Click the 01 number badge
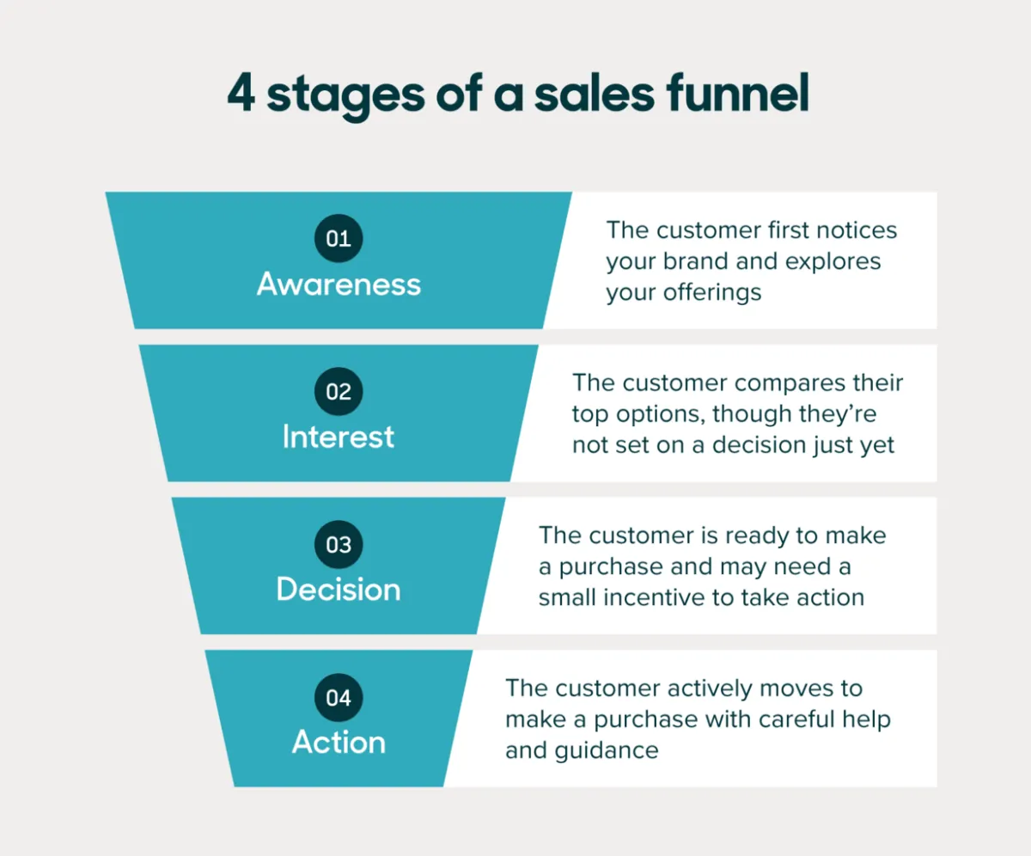[339, 238]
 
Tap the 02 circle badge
[339, 391]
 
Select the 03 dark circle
[339, 544]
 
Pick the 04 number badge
[339, 698]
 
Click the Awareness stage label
[339, 284]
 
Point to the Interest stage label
[339, 437]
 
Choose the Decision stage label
[339, 590]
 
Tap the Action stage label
[339, 742]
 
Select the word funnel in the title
[738, 92]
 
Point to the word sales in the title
[595, 94]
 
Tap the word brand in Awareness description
[695, 260]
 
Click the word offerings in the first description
[712, 293]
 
